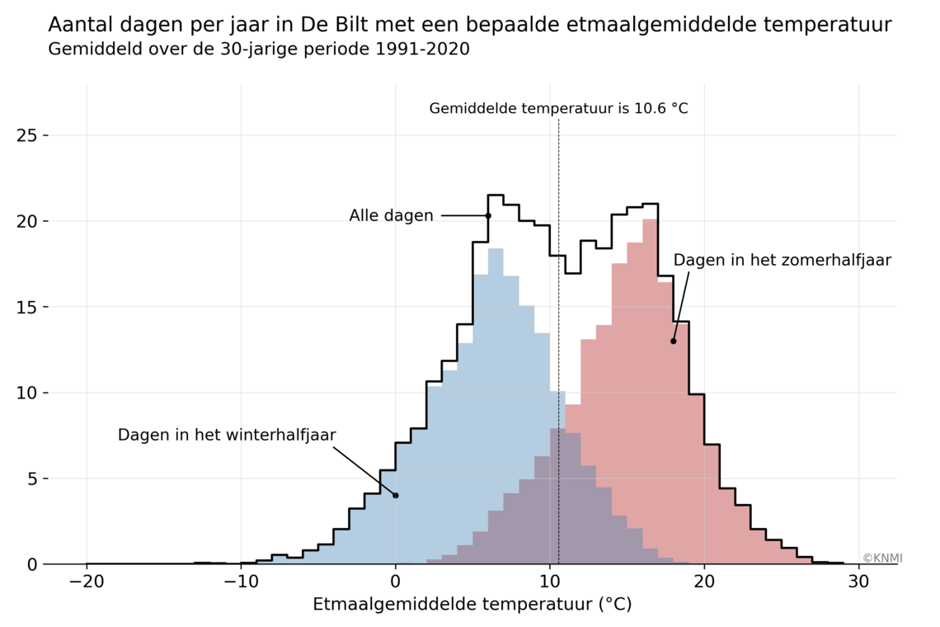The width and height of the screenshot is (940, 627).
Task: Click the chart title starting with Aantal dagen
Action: pyautogui.click(x=470, y=25)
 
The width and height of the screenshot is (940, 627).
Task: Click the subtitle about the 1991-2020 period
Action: pyautogui.click(x=259, y=49)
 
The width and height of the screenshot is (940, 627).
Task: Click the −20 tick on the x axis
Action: pyautogui.click(x=87, y=581)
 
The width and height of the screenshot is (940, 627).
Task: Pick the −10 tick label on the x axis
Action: pyautogui.click(x=241, y=581)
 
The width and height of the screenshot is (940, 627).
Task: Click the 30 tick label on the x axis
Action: pyautogui.click(x=858, y=581)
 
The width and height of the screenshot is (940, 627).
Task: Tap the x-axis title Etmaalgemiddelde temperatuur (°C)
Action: pyautogui.click(x=472, y=605)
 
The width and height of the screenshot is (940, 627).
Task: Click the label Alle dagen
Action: pyautogui.click(x=391, y=216)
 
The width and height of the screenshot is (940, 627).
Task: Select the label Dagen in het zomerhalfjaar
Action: pyautogui.click(x=782, y=261)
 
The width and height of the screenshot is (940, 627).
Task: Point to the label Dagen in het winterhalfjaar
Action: pyautogui.click(x=227, y=436)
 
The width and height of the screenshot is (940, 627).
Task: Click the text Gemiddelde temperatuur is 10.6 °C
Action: pyautogui.click(x=558, y=109)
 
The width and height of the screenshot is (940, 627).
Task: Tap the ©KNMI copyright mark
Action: pyautogui.click(x=882, y=559)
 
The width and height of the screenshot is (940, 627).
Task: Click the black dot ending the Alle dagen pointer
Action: pyautogui.click(x=488, y=216)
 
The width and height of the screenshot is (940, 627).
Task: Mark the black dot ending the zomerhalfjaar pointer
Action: pyautogui.click(x=674, y=341)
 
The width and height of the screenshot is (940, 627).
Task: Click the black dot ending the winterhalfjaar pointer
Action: pyautogui.click(x=396, y=495)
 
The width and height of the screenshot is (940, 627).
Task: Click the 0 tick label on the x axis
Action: pyautogui.click(x=396, y=581)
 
